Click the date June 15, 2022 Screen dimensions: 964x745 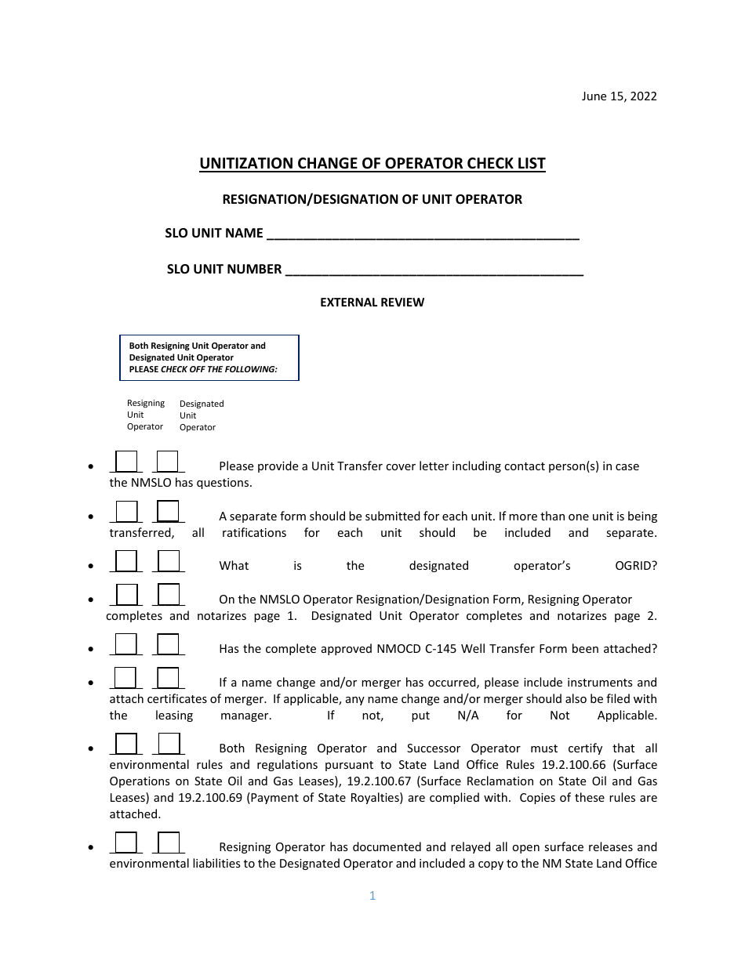point(619,96)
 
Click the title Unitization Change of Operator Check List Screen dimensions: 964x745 point(372,164)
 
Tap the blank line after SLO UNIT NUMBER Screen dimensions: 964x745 point(434,270)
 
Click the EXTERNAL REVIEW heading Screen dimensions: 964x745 point(372,303)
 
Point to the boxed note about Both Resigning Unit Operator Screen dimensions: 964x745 point(209,357)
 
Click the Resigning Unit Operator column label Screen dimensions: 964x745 point(146,415)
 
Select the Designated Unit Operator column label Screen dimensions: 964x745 point(201,415)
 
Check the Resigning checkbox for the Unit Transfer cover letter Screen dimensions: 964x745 point(126,462)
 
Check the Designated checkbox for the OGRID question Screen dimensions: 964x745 point(168,561)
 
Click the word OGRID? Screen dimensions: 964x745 point(636,566)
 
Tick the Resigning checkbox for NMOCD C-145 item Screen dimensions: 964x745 point(126,644)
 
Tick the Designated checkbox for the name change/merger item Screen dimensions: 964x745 point(168,678)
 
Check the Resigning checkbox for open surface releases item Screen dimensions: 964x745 point(126,843)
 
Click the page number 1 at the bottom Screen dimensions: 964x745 point(372,896)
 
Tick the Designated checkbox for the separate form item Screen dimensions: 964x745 point(168,511)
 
